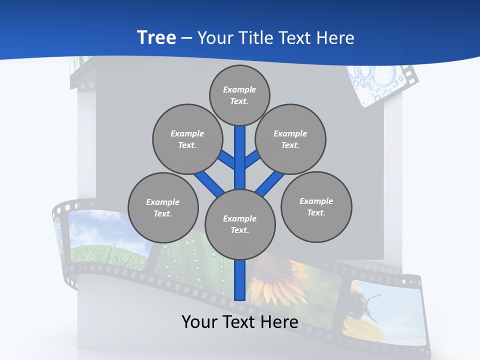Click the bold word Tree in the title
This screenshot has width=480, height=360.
(x=156, y=38)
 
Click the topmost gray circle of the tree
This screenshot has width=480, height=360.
(x=239, y=95)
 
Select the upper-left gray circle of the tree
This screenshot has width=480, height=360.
(x=187, y=139)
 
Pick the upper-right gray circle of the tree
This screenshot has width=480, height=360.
(x=290, y=139)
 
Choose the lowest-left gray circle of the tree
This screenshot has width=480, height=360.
(x=163, y=207)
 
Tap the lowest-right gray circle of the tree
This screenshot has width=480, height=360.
(x=316, y=206)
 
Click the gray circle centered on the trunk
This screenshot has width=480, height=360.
(x=240, y=224)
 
